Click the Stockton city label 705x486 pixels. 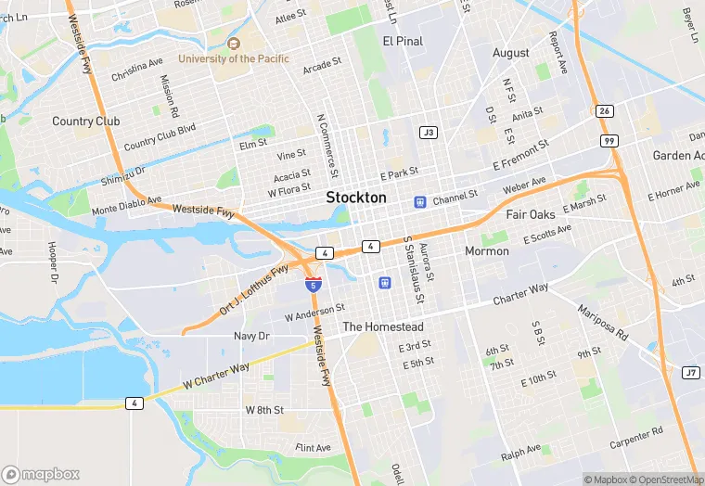click(356, 198)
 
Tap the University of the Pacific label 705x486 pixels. click(234, 58)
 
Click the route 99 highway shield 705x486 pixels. click(608, 141)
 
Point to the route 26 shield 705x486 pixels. click(605, 111)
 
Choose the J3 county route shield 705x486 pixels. click(428, 133)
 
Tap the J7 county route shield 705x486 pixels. click(690, 373)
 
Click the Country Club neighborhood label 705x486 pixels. click(86, 121)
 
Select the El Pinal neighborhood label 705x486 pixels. click(402, 42)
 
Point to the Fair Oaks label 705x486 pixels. click(531, 214)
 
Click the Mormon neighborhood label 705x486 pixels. click(487, 251)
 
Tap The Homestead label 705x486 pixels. click(383, 327)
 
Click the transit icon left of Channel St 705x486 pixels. click(419, 200)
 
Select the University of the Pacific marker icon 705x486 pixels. click(234, 44)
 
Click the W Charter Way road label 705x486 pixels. click(217, 375)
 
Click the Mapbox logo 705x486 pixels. click(42, 474)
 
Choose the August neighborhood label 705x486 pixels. click(511, 53)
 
